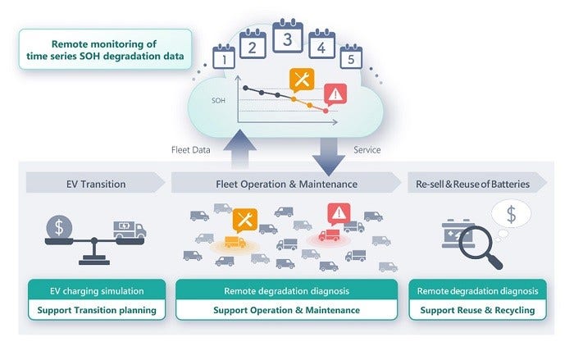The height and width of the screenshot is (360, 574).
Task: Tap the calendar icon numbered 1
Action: [x=223, y=58]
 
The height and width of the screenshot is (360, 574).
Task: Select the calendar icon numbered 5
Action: [x=350, y=58]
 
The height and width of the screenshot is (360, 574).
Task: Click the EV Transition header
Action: [x=96, y=184]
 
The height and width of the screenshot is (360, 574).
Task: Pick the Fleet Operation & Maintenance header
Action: [x=287, y=184]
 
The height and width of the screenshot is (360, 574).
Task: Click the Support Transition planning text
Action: [x=98, y=310]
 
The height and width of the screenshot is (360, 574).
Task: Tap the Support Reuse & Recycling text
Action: [x=477, y=310]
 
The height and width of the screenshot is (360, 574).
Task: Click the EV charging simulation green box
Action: [x=98, y=290]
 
